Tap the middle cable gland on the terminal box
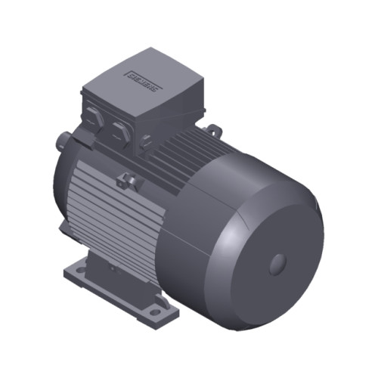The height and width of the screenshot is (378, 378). (119, 127)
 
